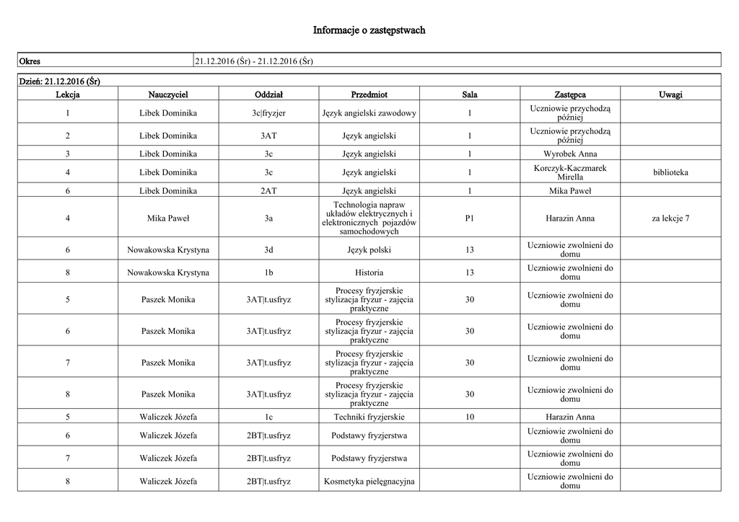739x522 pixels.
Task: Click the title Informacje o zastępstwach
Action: pos(369,30)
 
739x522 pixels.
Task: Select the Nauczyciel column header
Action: pos(168,94)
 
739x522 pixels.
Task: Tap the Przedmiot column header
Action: pos(369,94)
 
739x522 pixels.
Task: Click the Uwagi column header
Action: pos(670,94)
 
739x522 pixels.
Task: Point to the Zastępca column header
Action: pos(570,94)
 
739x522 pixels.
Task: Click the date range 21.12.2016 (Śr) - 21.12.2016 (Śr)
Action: pos(253,61)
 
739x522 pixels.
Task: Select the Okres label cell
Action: pos(30,61)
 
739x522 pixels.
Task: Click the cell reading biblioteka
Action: pos(670,172)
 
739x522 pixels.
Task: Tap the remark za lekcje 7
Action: pos(670,218)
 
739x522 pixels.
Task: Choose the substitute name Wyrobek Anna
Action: pos(570,154)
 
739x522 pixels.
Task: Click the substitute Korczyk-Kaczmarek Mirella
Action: pos(570,172)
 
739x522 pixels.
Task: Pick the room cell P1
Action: pos(470,218)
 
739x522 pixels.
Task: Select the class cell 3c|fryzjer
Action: pos(268,113)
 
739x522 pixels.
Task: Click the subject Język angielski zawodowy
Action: pos(369,113)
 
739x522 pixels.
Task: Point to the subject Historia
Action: pos(369,273)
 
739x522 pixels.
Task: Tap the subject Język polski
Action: pos(369,250)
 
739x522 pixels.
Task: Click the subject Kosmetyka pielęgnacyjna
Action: pos(369,481)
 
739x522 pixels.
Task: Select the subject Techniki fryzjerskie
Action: pos(369,417)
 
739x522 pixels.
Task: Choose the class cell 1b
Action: pos(268,273)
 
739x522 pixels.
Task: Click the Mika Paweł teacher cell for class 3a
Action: pos(168,218)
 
